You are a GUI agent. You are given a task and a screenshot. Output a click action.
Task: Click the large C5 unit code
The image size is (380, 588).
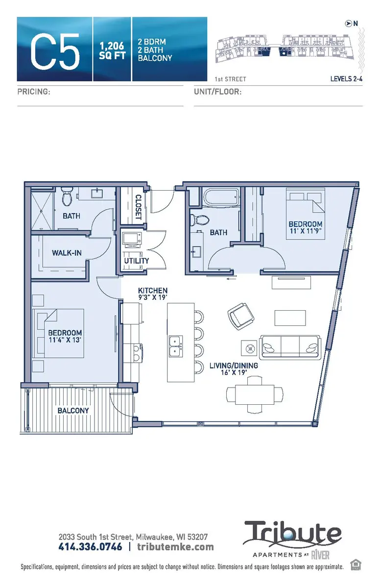click(x=55, y=49)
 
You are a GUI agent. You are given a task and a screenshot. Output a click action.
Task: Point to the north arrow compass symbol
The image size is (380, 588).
click(x=348, y=23)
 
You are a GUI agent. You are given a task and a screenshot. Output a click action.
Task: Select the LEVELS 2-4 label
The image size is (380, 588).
click(x=346, y=79)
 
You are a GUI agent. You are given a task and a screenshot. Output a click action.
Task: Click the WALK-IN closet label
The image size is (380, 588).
click(x=67, y=253)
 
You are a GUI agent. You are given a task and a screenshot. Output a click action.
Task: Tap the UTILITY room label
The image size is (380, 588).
click(x=137, y=261)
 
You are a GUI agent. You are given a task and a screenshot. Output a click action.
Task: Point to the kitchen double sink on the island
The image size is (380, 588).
click(x=175, y=346)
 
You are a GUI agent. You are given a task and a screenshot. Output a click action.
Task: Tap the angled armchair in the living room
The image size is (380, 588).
click(x=240, y=317)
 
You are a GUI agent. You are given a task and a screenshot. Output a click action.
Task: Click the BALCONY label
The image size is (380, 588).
click(x=73, y=410)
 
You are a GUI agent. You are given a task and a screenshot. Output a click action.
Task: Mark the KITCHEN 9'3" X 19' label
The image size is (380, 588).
click(x=152, y=294)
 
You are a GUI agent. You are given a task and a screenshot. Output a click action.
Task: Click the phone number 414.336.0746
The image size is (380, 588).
click(x=90, y=546)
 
